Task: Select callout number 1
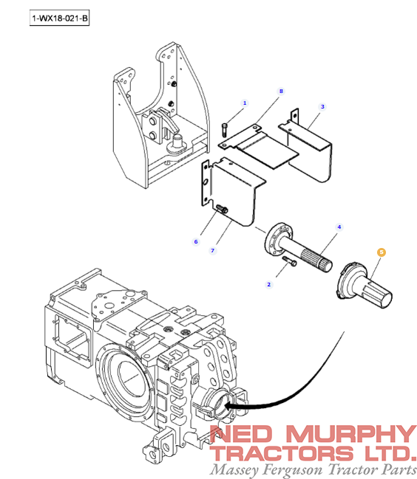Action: pyautogui.click(x=245, y=103)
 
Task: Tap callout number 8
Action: pyautogui.click(x=281, y=91)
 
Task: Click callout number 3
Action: pyautogui.click(x=322, y=107)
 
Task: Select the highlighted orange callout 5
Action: pyautogui.click(x=382, y=252)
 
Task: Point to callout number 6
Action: pyautogui.click(x=197, y=241)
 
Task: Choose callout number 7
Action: pyautogui.click(x=212, y=250)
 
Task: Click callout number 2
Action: pyautogui.click(x=269, y=283)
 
